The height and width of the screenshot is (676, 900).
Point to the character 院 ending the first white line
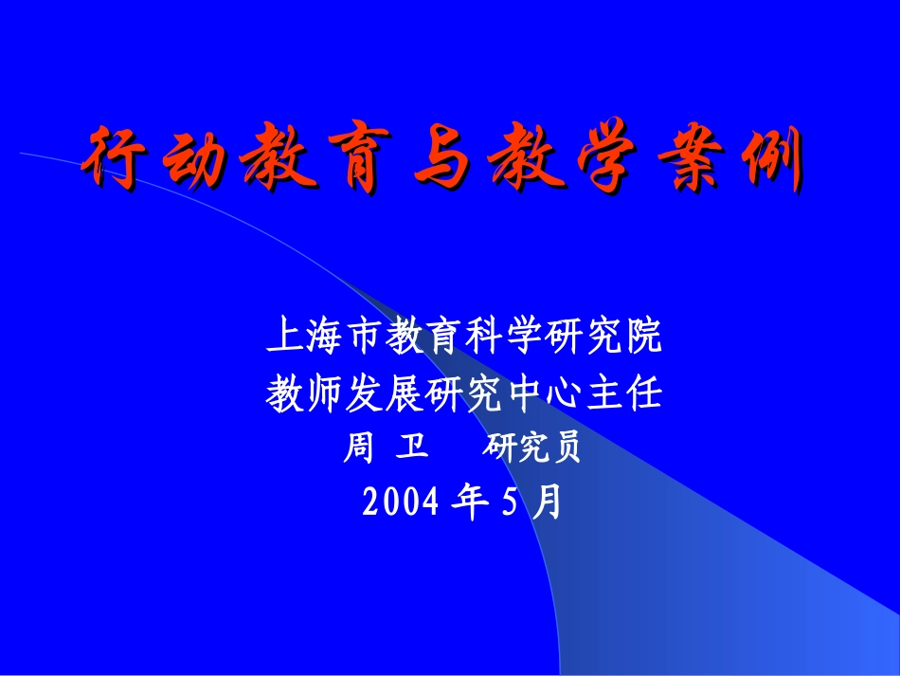645,338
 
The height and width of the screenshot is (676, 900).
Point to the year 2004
401,503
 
